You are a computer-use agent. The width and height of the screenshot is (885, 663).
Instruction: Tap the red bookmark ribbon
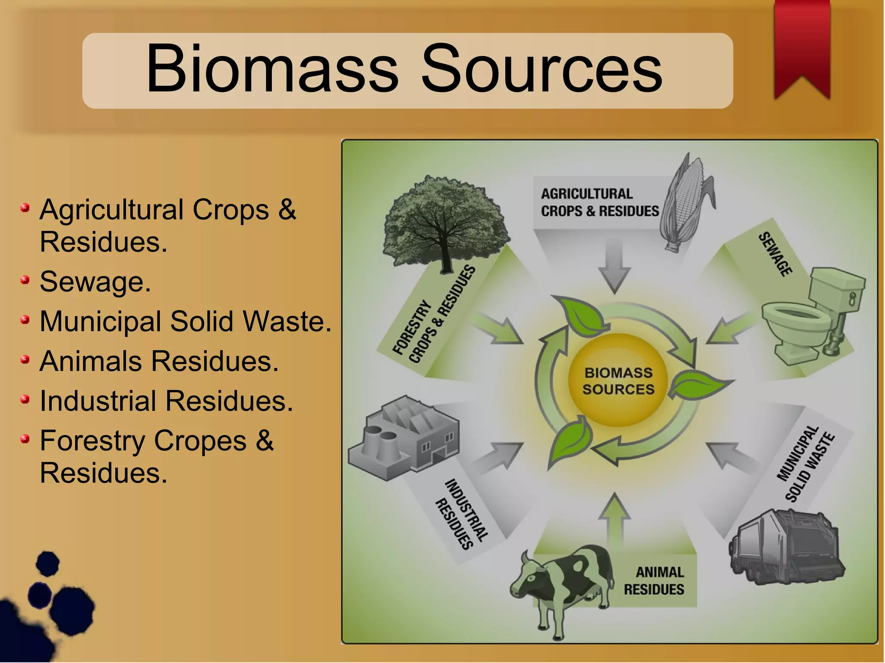click(x=802, y=43)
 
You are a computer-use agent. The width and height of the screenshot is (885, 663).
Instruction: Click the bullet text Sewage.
click(x=95, y=282)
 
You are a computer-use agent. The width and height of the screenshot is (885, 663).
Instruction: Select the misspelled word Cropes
click(x=200, y=441)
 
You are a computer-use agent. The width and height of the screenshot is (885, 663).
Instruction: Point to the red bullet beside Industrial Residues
click(x=25, y=400)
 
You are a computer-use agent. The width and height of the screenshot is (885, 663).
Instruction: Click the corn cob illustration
click(x=687, y=201)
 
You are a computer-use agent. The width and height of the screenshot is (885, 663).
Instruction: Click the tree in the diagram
click(x=445, y=220)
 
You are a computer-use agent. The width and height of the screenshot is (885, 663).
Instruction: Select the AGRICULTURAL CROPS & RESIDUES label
click(x=599, y=203)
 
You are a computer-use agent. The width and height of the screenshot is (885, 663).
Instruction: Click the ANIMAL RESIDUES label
click(x=654, y=581)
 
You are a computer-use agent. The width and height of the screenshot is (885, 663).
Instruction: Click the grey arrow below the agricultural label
click(x=614, y=266)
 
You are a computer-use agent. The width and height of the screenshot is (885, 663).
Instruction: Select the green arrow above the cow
click(x=614, y=520)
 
